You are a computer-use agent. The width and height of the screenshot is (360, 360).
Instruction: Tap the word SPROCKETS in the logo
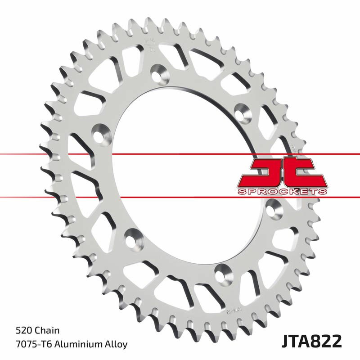[282, 192]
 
